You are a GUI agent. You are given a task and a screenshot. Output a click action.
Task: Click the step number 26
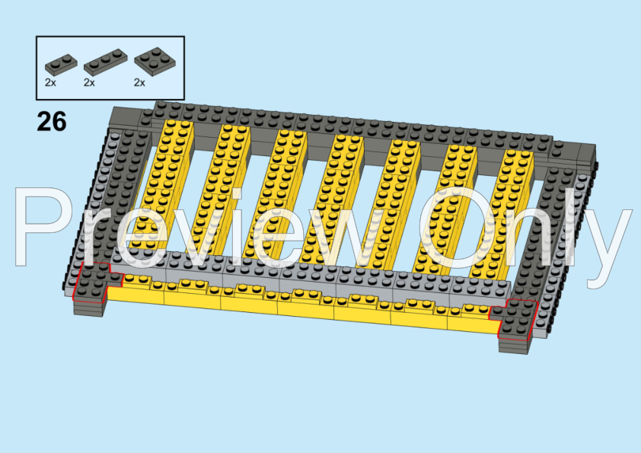[52, 121]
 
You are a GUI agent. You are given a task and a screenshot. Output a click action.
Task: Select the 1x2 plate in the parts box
[61, 65]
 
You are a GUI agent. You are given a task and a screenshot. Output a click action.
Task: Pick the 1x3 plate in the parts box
[106, 62]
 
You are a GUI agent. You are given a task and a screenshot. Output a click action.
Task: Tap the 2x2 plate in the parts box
[155, 62]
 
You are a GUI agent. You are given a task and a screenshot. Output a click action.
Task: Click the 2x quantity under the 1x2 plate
[50, 82]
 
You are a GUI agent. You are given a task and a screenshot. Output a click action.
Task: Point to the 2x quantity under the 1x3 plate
[89, 82]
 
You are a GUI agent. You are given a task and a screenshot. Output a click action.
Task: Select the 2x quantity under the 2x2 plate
[139, 82]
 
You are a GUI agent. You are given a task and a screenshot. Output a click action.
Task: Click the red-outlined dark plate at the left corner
[94, 283]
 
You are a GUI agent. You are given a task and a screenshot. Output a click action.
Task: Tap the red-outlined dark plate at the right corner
[514, 319]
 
